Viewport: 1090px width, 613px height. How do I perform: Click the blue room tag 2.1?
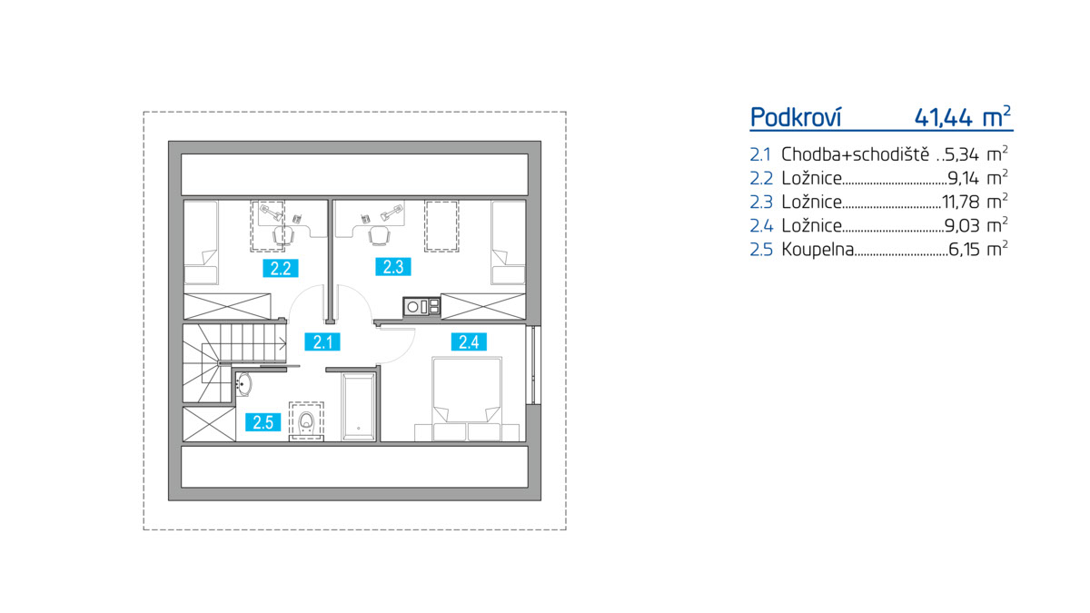322,342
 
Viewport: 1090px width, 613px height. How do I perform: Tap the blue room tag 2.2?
281,268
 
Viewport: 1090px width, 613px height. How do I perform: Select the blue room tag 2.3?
393,267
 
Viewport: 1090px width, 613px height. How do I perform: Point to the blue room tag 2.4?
469,342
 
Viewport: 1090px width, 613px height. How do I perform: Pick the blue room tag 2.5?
263,421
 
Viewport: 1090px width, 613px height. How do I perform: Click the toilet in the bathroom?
306,421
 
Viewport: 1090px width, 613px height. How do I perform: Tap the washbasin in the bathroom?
243,384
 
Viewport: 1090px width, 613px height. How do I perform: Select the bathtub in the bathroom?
359,407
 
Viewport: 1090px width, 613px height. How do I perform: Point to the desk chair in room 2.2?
282,235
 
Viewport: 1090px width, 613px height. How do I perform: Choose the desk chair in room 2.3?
379,235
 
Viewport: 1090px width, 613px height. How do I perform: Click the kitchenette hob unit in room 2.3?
421,307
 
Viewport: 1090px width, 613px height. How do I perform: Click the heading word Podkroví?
796,117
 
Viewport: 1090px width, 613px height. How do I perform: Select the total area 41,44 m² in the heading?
963,117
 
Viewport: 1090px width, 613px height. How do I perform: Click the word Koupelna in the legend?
817,250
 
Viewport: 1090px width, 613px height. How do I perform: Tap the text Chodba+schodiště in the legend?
855,154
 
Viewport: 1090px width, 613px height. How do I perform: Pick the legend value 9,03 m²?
976,225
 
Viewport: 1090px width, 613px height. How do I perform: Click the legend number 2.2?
761,179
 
